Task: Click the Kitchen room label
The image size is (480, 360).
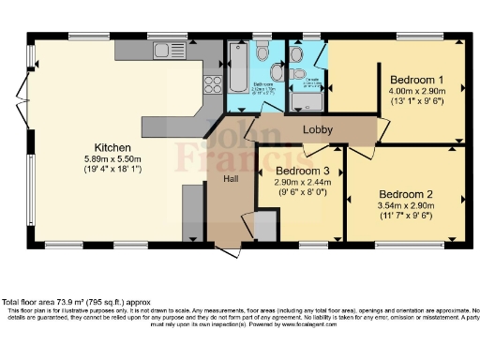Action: [x=112, y=148]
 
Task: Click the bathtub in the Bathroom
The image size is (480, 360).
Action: [x=236, y=66]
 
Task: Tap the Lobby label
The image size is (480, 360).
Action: [x=317, y=128]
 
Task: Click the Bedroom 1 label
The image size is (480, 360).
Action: [x=416, y=80]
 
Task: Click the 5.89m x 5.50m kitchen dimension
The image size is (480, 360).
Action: [x=112, y=160]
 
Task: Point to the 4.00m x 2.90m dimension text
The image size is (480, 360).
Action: [x=416, y=92]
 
